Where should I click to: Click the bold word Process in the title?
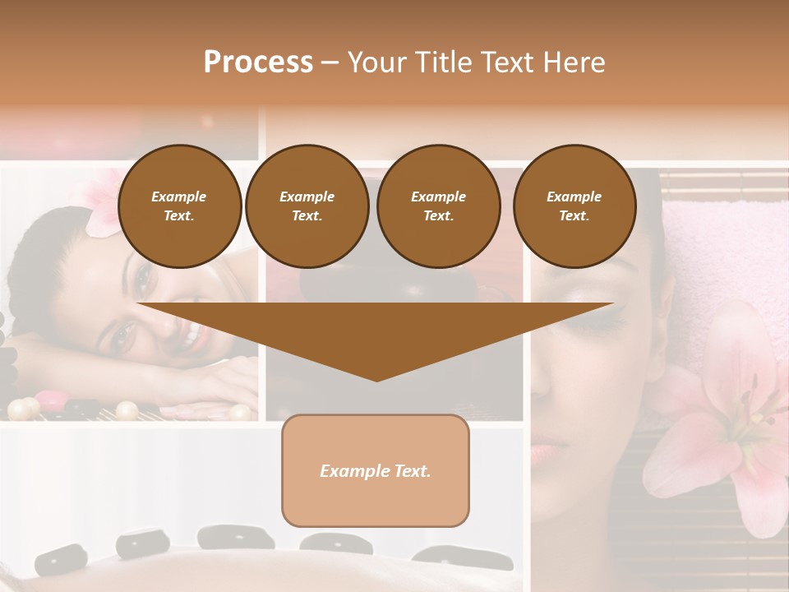(x=258, y=62)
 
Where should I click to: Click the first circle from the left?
(x=179, y=206)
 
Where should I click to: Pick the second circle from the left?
(x=307, y=206)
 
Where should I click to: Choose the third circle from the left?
(x=438, y=206)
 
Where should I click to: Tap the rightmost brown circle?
(x=574, y=206)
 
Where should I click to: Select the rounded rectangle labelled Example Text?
(x=376, y=470)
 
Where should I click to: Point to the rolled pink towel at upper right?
(x=715, y=247)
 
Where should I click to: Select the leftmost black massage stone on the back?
(x=62, y=560)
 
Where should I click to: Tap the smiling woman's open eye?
(x=126, y=333)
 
